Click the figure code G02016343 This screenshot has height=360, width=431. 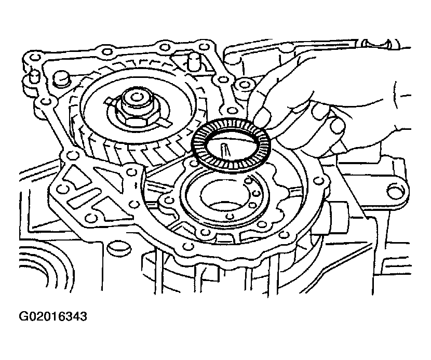click(53, 316)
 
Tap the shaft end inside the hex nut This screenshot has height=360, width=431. click(136, 97)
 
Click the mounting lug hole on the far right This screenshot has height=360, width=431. click(396, 190)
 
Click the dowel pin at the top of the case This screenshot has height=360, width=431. click(193, 61)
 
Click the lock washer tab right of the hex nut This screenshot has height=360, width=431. click(165, 121)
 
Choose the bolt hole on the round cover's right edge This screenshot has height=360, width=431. click(318, 181)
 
